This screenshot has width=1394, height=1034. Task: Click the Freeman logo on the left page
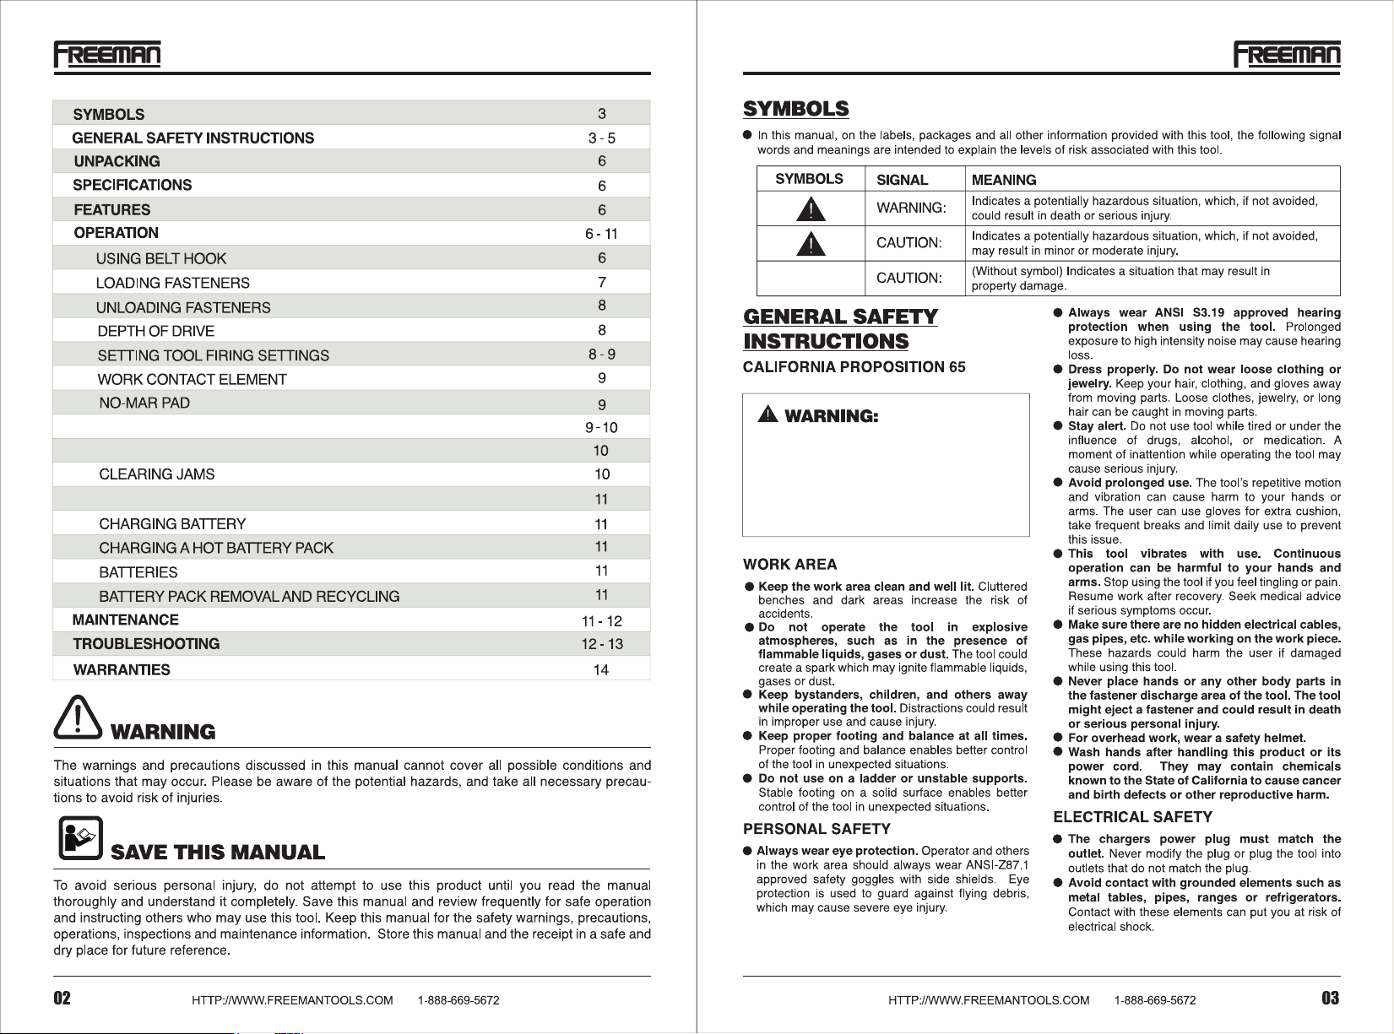[x=107, y=54]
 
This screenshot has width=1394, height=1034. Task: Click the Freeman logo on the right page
[x=1287, y=54]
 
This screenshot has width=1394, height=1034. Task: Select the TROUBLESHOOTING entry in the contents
[x=146, y=644]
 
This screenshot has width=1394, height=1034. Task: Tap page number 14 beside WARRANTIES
[x=600, y=670]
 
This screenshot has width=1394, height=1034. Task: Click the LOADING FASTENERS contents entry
[x=172, y=283]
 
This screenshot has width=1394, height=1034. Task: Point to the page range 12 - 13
[x=601, y=645]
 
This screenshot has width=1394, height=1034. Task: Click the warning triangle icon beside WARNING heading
[x=78, y=718]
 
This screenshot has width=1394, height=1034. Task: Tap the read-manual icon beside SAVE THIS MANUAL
[x=80, y=837]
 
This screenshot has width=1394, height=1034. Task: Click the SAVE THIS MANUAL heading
[x=218, y=853]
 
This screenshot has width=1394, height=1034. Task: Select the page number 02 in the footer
[x=62, y=999]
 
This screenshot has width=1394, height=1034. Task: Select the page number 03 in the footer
[x=1330, y=999]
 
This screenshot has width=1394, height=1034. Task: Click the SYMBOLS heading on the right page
[x=795, y=110]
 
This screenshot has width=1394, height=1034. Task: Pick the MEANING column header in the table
[x=1004, y=180]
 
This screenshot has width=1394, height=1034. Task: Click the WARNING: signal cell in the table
[x=911, y=208]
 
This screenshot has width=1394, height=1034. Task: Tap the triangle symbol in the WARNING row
[x=811, y=208]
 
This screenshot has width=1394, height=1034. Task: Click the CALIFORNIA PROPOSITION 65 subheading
[x=854, y=367]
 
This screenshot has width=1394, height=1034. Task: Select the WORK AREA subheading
[x=789, y=565]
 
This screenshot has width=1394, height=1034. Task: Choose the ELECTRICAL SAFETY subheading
[x=1132, y=817]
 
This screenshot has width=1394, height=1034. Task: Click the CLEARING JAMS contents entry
[x=156, y=474]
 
